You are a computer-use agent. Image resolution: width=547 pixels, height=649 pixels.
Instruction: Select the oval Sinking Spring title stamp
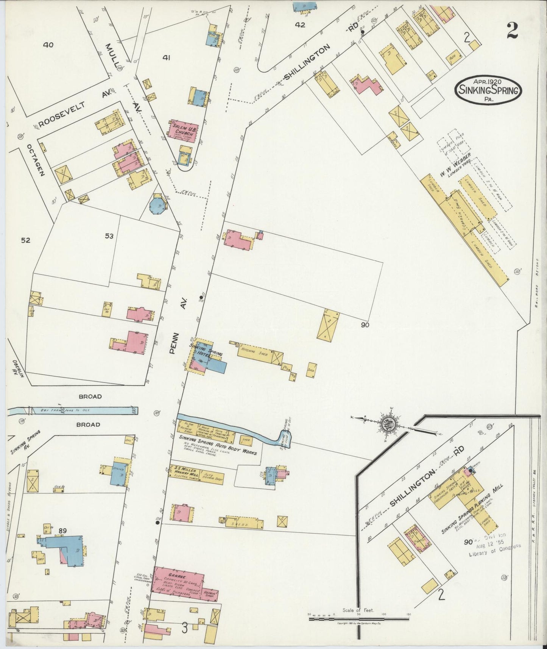pyautogui.click(x=488, y=90)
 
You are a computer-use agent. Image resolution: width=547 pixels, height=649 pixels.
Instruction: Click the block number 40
pyautogui.click(x=48, y=45)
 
